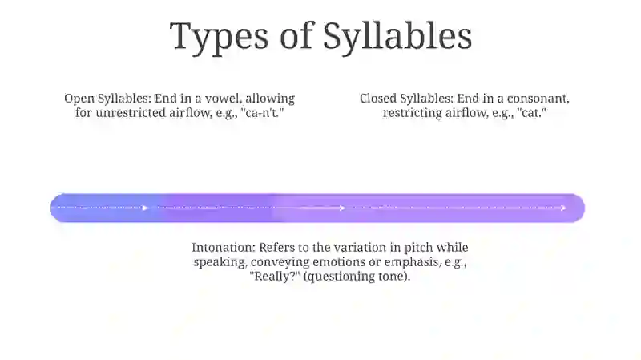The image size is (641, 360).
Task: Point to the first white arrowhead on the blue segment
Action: click(x=145, y=208)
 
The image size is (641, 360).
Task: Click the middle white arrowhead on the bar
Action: click(x=342, y=208)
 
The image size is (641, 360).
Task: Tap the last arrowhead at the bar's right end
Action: click(x=563, y=208)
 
